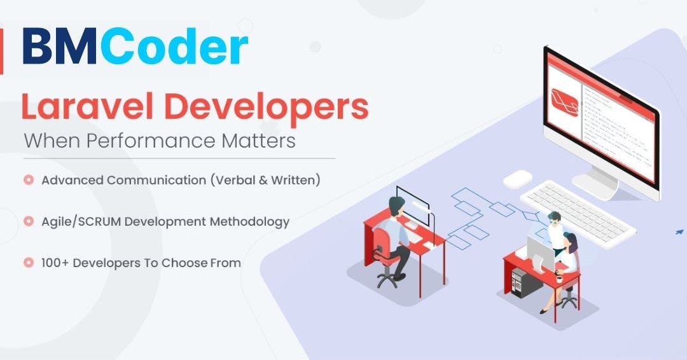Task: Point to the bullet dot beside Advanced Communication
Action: [x=29, y=180]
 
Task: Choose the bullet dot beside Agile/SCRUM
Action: [x=29, y=221]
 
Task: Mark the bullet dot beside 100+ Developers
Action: [x=29, y=262]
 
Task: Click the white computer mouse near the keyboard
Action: [x=518, y=179]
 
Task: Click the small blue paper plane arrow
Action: [x=679, y=232]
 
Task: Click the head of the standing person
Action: [x=555, y=217]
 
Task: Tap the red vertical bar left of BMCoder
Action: [x=1, y=51]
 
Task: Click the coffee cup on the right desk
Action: [x=558, y=278]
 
